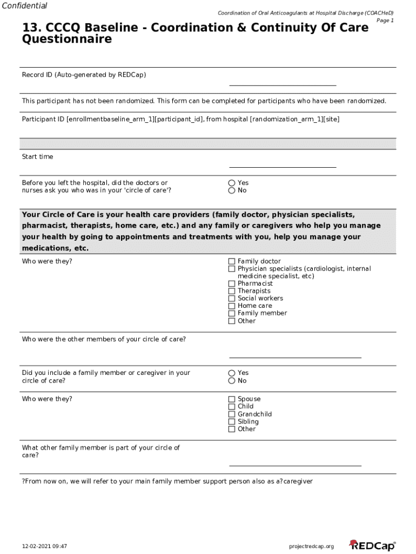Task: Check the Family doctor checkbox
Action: pos(232,261)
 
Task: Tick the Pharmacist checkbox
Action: pos(232,283)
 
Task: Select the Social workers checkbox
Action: pos(232,299)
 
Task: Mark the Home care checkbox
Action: pos(232,306)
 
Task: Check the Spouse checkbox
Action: pos(232,399)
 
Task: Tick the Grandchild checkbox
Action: pos(232,414)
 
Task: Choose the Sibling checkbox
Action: pos(232,422)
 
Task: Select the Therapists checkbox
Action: pos(232,291)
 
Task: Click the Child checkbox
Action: pos(232,407)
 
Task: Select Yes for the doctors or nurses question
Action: pos(232,183)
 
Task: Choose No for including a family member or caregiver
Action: pos(232,381)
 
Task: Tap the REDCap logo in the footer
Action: pos(372,546)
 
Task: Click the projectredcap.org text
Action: pos(312,546)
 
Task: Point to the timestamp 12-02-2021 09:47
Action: pos(44,546)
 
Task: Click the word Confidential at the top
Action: pos(24,6)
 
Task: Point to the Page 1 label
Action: pos(385,21)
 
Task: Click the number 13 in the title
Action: pos(29,28)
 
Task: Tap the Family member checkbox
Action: pos(232,313)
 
